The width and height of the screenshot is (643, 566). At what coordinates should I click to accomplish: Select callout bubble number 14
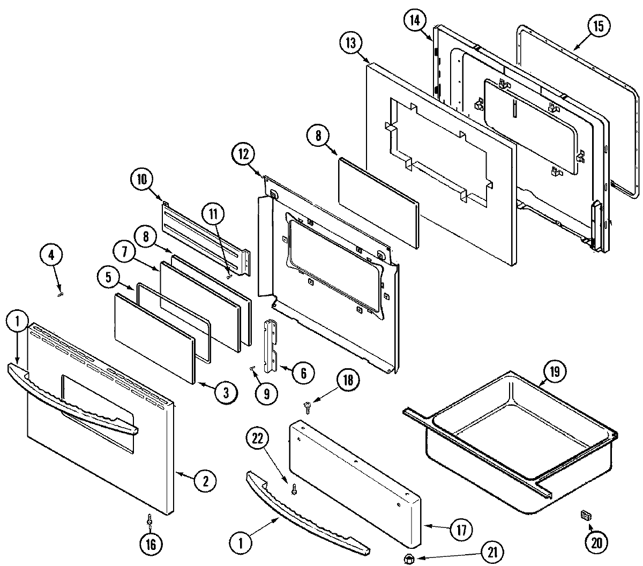[x=414, y=21]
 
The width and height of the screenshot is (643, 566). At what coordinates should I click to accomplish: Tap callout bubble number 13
[x=350, y=43]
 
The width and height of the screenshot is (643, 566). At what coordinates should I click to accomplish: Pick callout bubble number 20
[x=596, y=542]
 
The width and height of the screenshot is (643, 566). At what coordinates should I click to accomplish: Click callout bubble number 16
[x=150, y=545]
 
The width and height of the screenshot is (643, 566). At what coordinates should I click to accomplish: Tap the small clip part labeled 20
[x=585, y=516]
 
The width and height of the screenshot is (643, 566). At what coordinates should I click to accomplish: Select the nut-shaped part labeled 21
[x=410, y=559]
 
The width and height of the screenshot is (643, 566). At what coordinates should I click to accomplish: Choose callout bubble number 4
[x=51, y=255]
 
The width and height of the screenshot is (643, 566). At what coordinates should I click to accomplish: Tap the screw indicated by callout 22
[x=294, y=488]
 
